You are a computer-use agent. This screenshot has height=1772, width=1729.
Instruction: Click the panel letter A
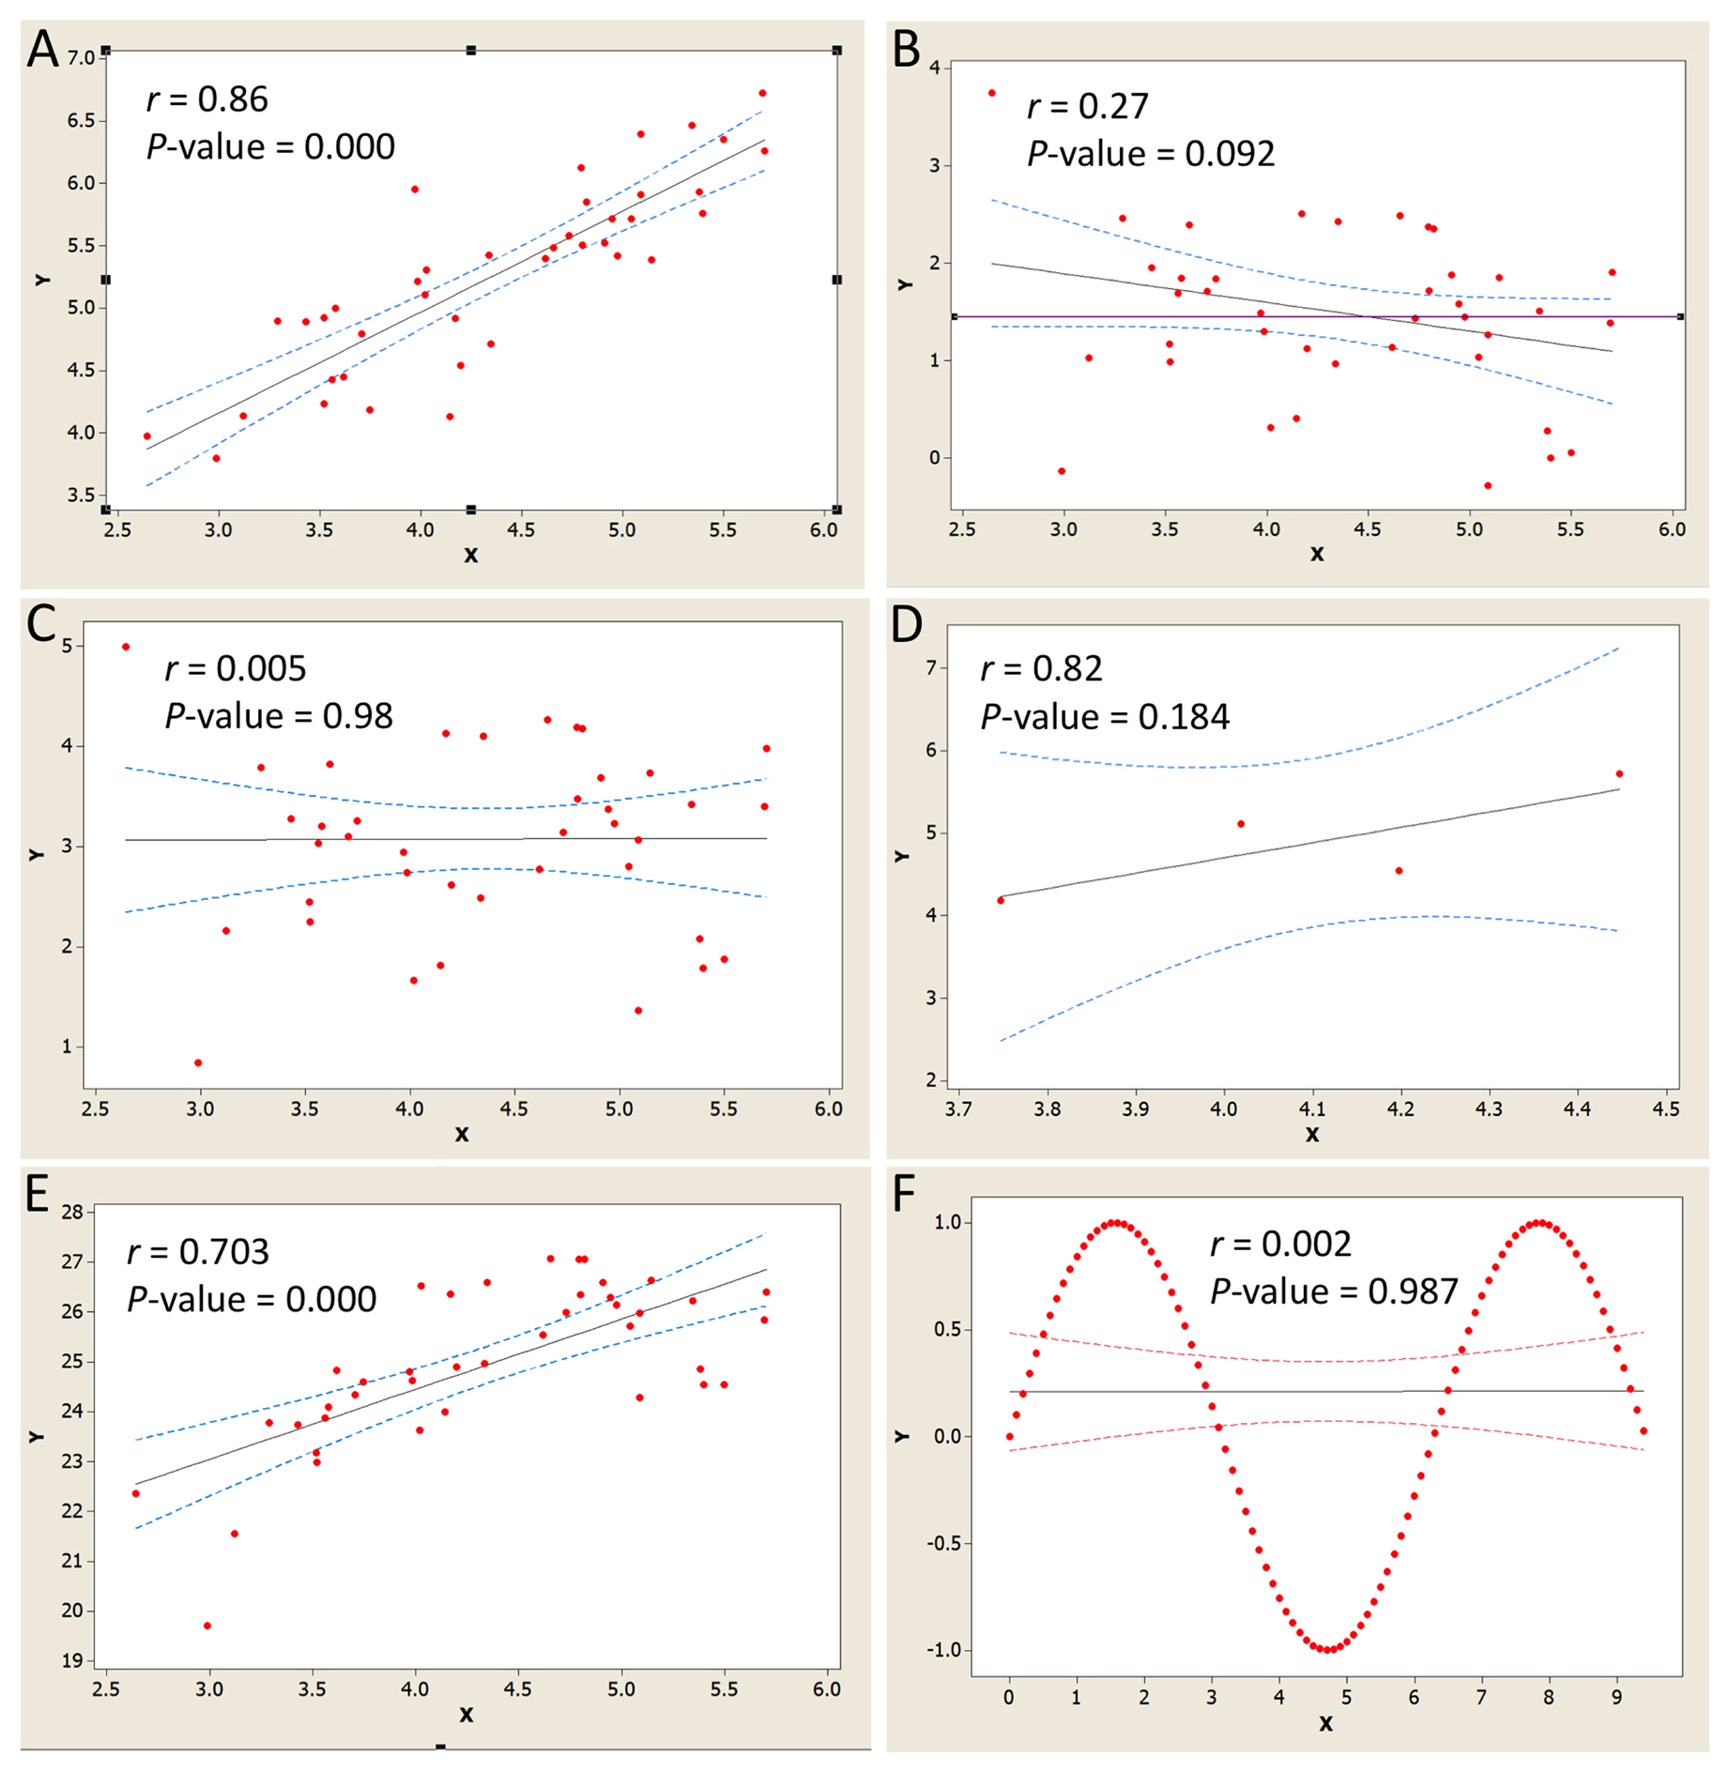[42, 50]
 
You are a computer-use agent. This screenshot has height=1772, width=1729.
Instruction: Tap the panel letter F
[903, 1194]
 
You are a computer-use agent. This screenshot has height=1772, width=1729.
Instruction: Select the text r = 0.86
[207, 99]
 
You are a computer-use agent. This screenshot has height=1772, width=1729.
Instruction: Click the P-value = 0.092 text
[1151, 154]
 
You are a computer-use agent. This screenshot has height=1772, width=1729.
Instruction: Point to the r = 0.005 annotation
[236, 668]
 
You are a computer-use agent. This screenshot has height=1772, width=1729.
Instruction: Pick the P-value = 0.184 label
[1105, 717]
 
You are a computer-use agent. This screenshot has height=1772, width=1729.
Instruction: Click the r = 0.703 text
[198, 1251]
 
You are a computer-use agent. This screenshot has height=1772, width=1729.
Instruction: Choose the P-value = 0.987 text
[1334, 1291]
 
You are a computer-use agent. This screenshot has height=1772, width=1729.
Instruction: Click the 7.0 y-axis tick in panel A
[82, 58]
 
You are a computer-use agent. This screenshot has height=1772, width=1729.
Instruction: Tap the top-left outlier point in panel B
[992, 93]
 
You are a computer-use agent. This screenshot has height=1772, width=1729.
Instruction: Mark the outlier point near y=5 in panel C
[126, 647]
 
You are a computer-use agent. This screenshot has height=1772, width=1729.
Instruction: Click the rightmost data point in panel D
[1619, 773]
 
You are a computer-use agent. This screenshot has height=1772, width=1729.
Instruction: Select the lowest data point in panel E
[207, 1626]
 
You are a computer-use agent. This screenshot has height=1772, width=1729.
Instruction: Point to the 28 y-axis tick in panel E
[72, 1212]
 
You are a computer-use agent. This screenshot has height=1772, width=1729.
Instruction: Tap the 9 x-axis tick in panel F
[1616, 1697]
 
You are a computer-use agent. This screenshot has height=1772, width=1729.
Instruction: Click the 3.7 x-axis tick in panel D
[958, 1108]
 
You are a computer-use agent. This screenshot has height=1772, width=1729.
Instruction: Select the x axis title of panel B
[1317, 554]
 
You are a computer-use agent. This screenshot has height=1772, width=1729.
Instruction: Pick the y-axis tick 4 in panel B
[934, 68]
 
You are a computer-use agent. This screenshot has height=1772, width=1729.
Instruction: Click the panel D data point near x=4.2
[1399, 871]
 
